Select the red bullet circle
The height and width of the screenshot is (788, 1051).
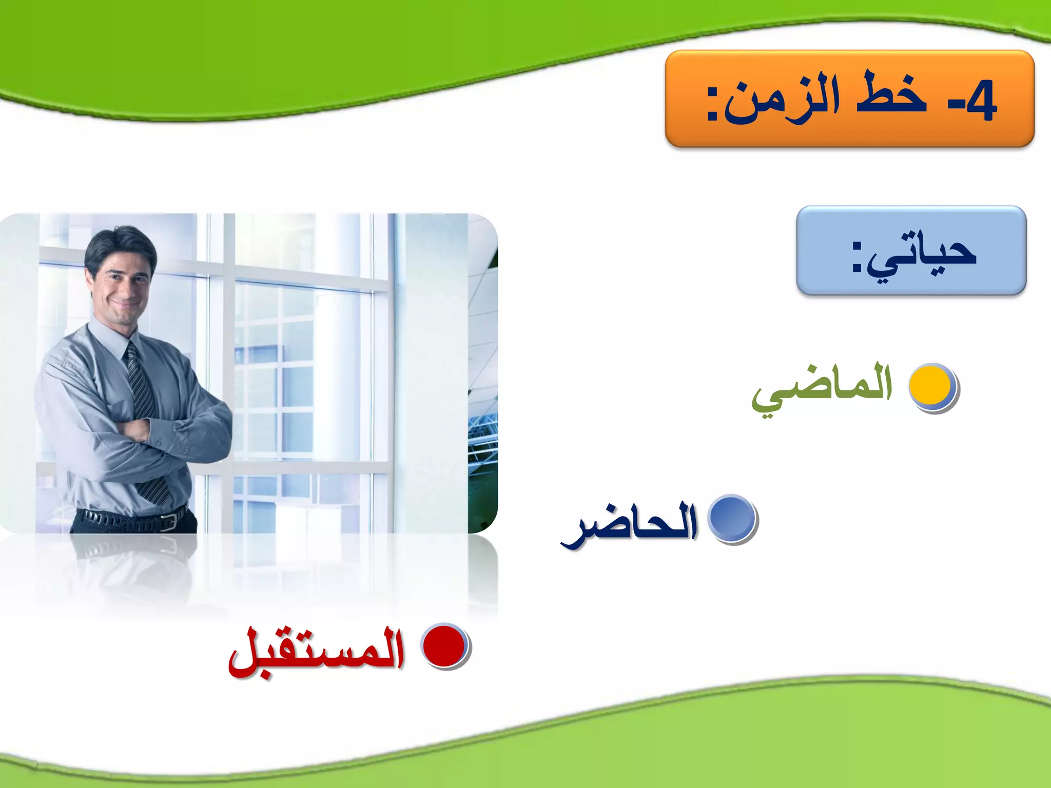point(444,646)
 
